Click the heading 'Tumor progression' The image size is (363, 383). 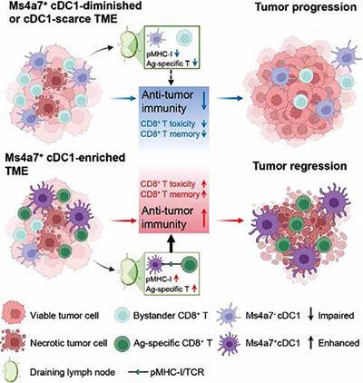tap(306, 7)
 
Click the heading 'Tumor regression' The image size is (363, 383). tap(300, 166)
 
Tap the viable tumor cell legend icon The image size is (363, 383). tap(14, 316)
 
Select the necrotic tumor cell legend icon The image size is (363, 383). tap(14, 342)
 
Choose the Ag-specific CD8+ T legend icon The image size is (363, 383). tap(123, 343)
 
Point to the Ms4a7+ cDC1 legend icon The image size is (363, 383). tap(230, 343)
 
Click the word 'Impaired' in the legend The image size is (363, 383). tap(336, 316)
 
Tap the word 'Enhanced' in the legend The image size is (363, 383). tap(338, 343)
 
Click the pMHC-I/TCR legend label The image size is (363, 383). tap(177, 371)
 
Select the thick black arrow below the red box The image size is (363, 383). tap(172, 243)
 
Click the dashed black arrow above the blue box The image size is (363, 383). tap(172, 78)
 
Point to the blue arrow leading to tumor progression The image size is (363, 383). tap(229, 98)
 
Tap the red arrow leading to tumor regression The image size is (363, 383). tap(231, 221)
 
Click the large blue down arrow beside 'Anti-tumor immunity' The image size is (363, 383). tap(204, 101)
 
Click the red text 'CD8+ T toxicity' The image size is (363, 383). tap(168, 183)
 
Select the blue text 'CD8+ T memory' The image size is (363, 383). tap(170, 133)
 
